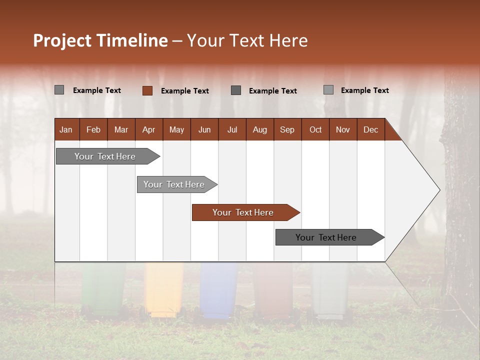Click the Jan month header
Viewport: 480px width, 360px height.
[x=66, y=130]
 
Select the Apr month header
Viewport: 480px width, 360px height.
[x=148, y=130]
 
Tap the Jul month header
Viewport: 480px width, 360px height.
[x=232, y=130]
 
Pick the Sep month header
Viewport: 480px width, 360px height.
[x=287, y=130]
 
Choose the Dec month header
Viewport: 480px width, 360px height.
[x=370, y=130]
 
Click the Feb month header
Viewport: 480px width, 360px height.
[x=93, y=130]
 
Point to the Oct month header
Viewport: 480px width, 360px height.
[x=315, y=130]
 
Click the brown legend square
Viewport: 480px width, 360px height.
[x=147, y=90]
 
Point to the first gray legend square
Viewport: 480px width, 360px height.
[x=59, y=90]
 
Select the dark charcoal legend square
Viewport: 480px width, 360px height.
[x=236, y=90]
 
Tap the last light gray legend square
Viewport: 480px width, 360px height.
[x=328, y=90]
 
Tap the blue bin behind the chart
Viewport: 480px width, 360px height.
[x=218, y=292]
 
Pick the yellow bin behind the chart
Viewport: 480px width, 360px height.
[x=163, y=292]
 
